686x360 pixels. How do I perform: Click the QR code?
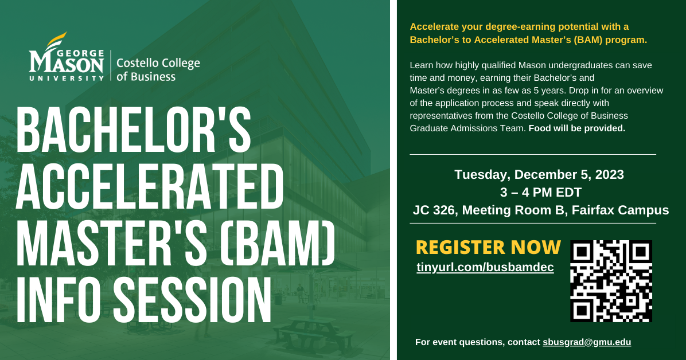(611, 281)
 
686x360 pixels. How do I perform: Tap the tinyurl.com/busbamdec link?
(485, 267)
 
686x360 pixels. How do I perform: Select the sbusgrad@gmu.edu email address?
(587, 342)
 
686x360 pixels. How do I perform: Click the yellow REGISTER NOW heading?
(488, 247)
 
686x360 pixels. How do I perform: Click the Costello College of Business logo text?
(158, 69)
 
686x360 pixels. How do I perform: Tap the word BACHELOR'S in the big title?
(134, 131)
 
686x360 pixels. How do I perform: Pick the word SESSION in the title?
(192, 300)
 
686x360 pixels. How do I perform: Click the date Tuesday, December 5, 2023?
(539, 174)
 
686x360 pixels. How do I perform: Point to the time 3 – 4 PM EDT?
(541, 192)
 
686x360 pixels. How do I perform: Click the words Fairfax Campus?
(620, 210)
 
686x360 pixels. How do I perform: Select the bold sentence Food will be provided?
(576, 128)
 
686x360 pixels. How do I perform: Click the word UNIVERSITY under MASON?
(67, 79)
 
